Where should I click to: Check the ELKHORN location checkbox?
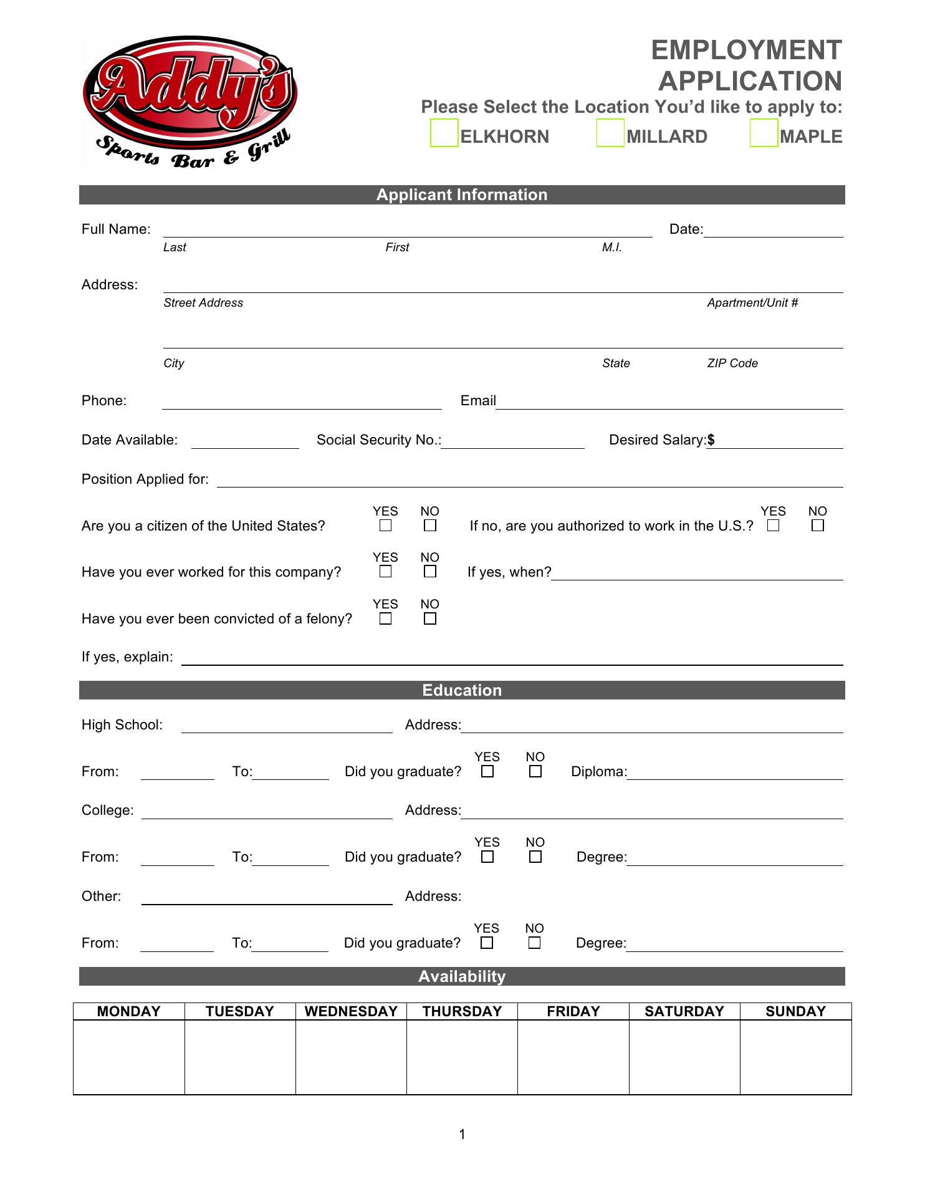tap(444, 133)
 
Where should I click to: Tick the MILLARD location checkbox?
tap(610, 133)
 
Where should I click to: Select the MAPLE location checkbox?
tap(764, 133)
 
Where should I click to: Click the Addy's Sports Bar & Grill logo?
tap(190, 102)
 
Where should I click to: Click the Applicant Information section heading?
tap(462, 195)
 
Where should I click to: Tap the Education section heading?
tap(462, 690)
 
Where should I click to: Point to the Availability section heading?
tap(462, 976)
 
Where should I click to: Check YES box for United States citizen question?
tap(386, 526)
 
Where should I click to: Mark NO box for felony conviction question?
tap(430, 618)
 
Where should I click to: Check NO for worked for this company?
tap(430, 572)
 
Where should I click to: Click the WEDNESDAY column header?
tap(351, 1011)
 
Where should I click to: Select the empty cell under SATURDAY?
tap(684, 1057)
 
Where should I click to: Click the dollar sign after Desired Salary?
tap(711, 440)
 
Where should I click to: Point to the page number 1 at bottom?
tap(462, 1134)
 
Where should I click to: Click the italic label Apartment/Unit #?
tap(752, 303)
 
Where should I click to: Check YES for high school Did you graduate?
tap(487, 771)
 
